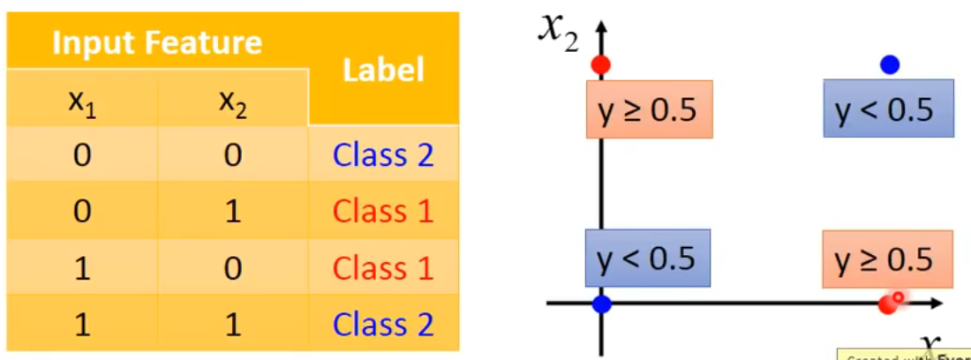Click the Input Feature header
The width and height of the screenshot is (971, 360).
click(x=157, y=42)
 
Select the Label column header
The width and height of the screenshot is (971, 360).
click(x=383, y=70)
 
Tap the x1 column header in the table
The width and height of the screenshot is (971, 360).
click(x=82, y=102)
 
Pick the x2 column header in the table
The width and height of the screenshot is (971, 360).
click(x=232, y=102)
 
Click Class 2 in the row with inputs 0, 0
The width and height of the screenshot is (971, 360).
click(x=383, y=155)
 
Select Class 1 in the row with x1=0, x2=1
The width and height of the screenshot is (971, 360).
click(x=383, y=211)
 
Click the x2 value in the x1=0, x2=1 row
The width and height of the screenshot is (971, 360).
click(x=232, y=212)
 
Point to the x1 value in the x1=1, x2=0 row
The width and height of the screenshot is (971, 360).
click(x=82, y=267)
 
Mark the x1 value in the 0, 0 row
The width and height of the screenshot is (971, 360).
click(x=82, y=156)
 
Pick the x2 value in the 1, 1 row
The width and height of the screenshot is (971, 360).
click(x=232, y=324)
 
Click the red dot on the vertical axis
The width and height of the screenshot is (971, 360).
click(x=601, y=64)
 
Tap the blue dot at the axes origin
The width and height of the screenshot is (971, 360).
click(x=602, y=304)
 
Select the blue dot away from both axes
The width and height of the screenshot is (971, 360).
click(x=890, y=64)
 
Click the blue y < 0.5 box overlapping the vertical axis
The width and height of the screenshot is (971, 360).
click(x=648, y=257)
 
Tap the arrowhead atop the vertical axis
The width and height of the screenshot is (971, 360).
click(x=601, y=26)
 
